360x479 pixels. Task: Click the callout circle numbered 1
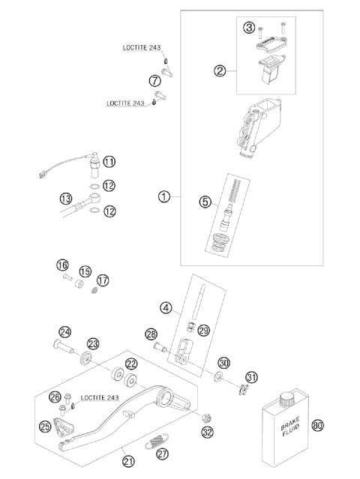(163, 197)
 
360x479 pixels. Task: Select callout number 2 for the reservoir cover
(220, 71)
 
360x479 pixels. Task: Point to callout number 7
(154, 80)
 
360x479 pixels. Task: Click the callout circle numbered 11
(109, 162)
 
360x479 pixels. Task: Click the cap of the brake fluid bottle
(286, 397)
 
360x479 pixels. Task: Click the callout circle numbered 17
(103, 280)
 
